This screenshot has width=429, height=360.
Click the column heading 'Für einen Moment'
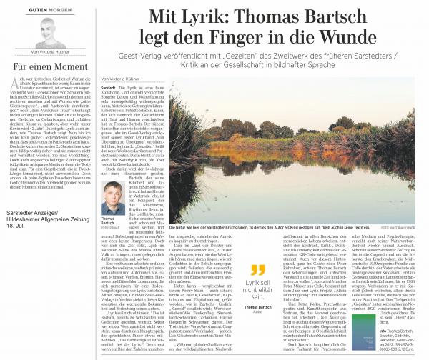tap(48, 71)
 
